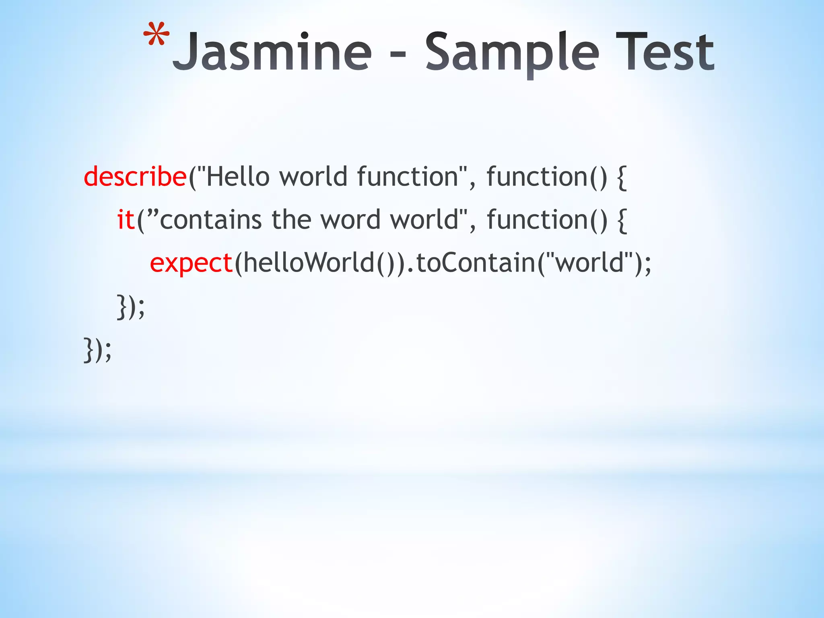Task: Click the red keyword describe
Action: (135, 177)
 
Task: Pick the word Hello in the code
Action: (237, 177)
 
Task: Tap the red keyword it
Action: (126, 220)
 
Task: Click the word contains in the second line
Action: (211, 220)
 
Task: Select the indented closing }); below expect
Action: (130, 307)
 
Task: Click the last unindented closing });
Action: (97, 350)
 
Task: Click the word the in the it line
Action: (291, 220)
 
